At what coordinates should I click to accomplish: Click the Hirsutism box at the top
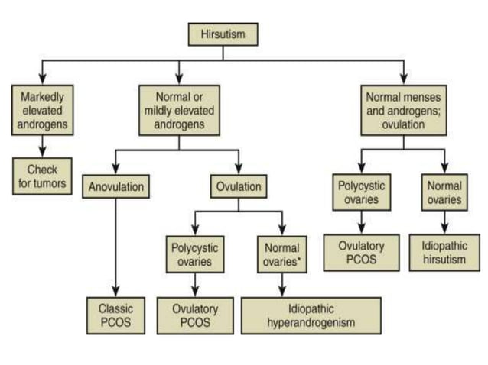click(x=223, y=34)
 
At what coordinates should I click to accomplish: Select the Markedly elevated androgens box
click(x=43, y=110)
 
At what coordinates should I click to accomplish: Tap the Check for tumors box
click(x=43, y=176)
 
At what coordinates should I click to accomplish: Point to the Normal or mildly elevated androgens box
click(x=177, y=110)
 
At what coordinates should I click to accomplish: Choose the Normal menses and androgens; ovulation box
click(x=403, y=110)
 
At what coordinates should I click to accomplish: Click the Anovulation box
click(x=114, y=187)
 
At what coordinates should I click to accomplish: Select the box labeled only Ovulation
click(x=238, y=187)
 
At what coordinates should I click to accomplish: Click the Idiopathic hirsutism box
click(x=444, y=253)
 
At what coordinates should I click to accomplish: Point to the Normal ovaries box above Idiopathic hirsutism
click(x=444, y=192)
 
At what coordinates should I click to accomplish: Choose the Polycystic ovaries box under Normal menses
click(x=359, y=192)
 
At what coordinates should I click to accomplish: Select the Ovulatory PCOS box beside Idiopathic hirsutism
click(x=359, y=253)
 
